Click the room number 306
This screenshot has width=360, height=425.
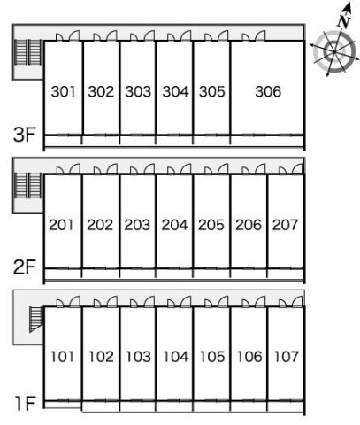click(268, 91)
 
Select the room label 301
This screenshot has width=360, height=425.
click(63, 91)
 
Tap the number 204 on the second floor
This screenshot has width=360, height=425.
click(174, 225)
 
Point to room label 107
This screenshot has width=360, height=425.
click(287, 357)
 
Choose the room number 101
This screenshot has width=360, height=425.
click(62, 357)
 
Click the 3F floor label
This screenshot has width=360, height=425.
click(25, 135)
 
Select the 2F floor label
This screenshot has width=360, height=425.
click(25, 267)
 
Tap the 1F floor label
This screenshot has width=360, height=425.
click(26, 404)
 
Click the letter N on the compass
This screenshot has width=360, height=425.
click(343, 21)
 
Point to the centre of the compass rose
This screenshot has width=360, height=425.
click(334, 52)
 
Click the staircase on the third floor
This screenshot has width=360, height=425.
click(28, 52)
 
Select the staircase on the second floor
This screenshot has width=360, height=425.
click(28, 185)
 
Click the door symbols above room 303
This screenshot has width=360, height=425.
click(142, 36)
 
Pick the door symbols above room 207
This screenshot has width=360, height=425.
click(291, 169)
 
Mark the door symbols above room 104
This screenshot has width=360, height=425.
click(180, 302)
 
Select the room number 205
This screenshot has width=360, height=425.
click(211, 225)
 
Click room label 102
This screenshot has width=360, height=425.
click(101, 357)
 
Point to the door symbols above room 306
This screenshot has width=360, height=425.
click(254, 36)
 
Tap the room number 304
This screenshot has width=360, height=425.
click(175, 91)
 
